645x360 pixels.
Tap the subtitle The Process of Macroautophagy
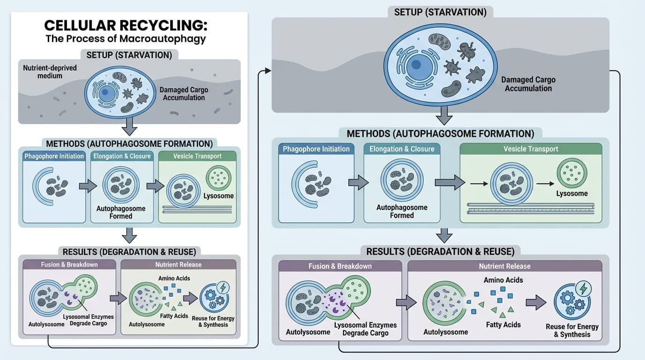[x=126, y=38]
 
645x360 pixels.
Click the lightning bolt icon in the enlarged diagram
[x=583, y=287]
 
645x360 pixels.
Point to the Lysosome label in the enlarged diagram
[x=572, y=194]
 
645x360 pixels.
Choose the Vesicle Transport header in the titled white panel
[x=197, y=156]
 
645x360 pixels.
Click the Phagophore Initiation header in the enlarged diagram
[x=316, y=149]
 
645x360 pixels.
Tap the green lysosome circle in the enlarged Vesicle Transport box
[x=572, y=173]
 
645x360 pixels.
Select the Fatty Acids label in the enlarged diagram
[x=503, y=324]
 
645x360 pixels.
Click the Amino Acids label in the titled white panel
[x=174, y=278]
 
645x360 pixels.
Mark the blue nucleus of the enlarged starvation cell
[x=419, y=66]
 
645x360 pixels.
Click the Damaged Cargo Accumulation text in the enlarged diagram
[x=528, y=84]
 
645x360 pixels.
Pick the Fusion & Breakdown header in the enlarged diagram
[x=340, y=266]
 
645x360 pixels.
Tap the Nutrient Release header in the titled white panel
[x=179, y=264]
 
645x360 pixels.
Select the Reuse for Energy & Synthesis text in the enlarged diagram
[x=572, y=330]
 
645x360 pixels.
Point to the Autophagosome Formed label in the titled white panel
[x=120, y=212]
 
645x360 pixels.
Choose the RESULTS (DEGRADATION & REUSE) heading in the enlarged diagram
[x=440, y=252]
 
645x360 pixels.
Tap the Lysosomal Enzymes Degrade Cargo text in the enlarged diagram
[x=365, y=329]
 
